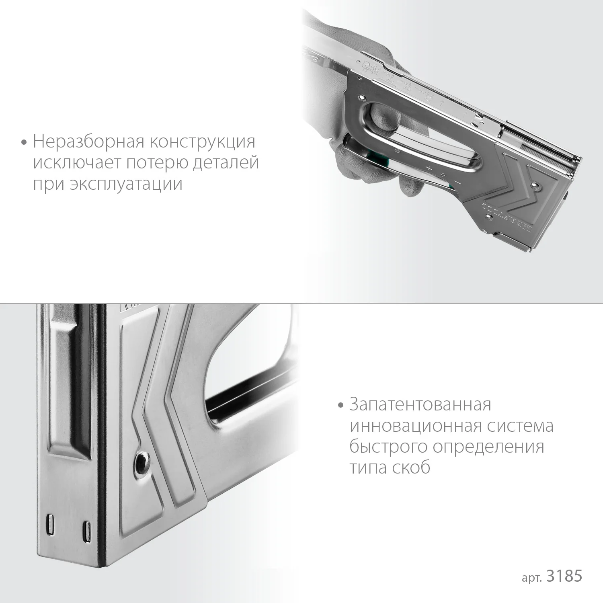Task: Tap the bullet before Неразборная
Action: pyautogui.click(x=25, y=142)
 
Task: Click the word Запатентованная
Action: pyautogui.click(x=420, y=404)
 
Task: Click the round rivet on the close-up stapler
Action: pyautogui.click(x=143, y=459)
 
